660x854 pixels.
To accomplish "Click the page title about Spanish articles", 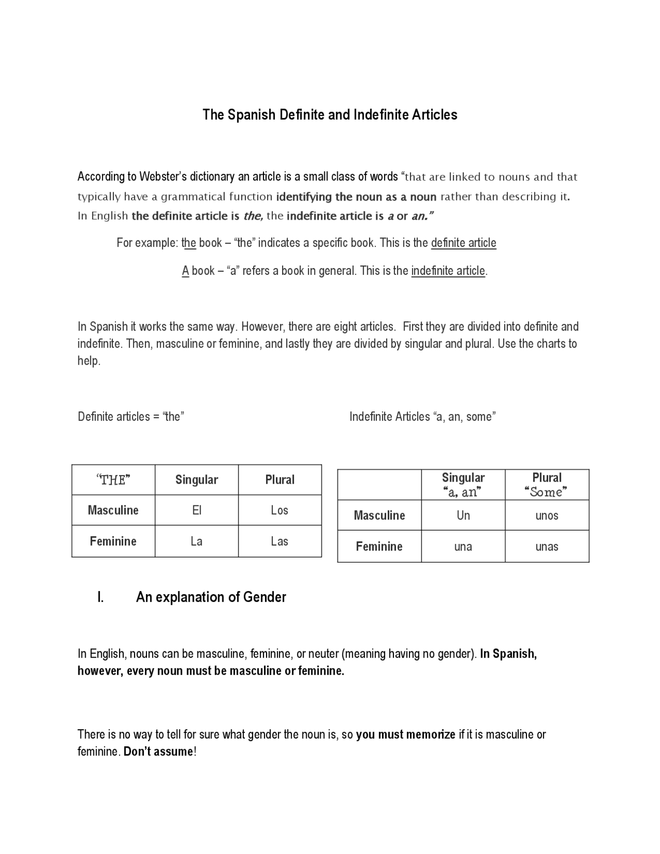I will click(329, 114).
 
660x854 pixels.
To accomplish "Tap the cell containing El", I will click(196, 510).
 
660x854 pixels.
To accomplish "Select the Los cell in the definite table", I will click(279, 510).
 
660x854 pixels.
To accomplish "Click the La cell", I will click(196, 541).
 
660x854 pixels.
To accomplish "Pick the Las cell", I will click(279, 541).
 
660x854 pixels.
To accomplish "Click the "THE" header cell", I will click(113, 480).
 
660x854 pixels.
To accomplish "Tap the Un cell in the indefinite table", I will click(463, 515).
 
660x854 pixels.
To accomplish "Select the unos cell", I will click(547, 515).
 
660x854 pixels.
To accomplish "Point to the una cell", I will click(463, 547).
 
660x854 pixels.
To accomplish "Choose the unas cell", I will click(547, 547).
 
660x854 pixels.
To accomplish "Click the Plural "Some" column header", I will click(547, 485).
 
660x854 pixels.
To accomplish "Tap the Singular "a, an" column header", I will click(463, 485).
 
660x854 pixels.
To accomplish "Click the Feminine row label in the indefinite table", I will click(379, 547).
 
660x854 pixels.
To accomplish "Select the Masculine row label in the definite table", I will click(113, 510).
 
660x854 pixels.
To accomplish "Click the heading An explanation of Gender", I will click(211, 597).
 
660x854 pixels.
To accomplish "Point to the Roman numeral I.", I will click(101, 597).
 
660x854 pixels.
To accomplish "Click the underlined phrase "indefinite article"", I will click(448, 271).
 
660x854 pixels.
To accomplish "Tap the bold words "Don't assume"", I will click(158, 751).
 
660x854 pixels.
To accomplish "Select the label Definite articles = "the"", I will click(131, 417).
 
